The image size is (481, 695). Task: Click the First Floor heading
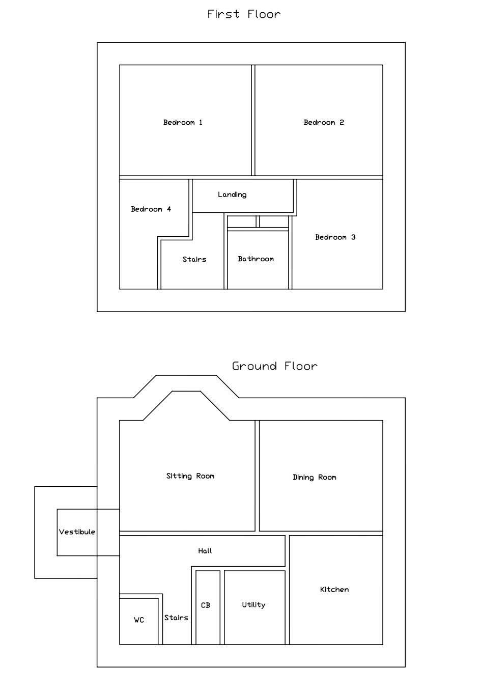pyautogui.click(x=244, y=14)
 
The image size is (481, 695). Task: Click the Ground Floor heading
pyautogui.click(x=274, y=366)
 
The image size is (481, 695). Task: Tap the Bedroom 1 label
pyautogui.click(x=183, y=122)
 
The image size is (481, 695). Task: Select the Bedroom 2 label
pyautogui.click(x=324, y=122)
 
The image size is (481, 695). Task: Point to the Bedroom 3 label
pyautogui.click(x=335, y=237)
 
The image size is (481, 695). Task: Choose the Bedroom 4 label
pyautogui.click(x=151, y=209)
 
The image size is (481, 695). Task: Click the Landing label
pyautogui.click(x=232, y=194)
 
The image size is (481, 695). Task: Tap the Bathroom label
pyautogui.click(x=256, y=259)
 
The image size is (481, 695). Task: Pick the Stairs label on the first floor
pyautogui.click(x=194, y=260)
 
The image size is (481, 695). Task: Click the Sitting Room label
pyautogui.click(x=190, y=476)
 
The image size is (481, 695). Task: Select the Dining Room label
pyautogui.click(x=315, y=477)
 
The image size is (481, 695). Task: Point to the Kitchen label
pyautogui.click(x=334, y=590)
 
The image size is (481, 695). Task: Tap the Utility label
pyautogui.click(x=253, y=605)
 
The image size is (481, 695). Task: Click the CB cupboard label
pyautogui.click(x=206, y=605)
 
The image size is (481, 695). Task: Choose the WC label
pyautogui.click(x=139, y=620)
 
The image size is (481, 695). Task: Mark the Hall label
pyautogui.click(x=205, y=551)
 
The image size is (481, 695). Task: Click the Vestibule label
pyautogui.click(x=77, y=532)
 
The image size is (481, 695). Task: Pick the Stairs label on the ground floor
pyautogui.click(x=176, y=618)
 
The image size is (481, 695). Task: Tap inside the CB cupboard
pyautogui.click(x=208, y=626)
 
